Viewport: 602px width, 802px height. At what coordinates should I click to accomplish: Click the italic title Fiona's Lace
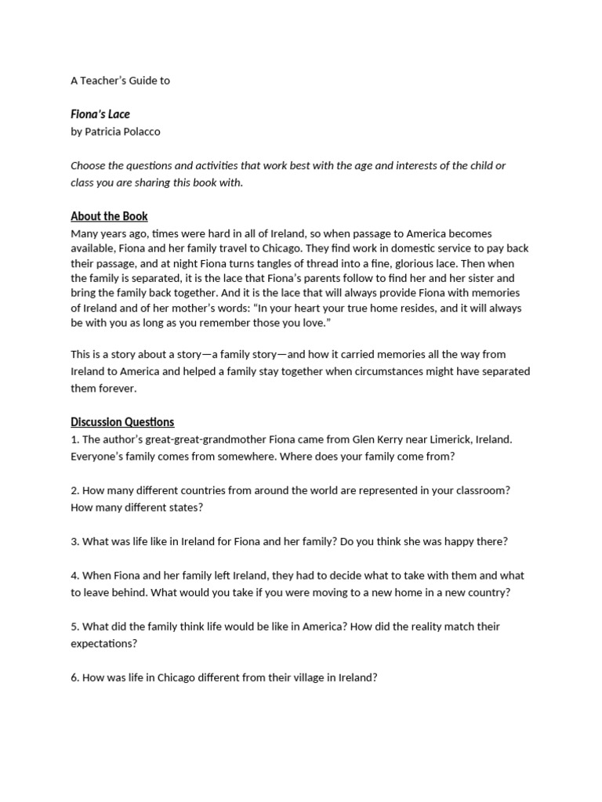click(100, 114)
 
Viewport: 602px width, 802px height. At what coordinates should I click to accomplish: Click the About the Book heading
click(109, 216)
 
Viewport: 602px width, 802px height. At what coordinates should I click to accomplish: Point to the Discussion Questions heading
click(122, 422)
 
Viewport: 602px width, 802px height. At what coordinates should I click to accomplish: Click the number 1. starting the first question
click(74, 439)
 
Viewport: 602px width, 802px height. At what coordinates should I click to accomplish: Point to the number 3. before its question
click(74, 541)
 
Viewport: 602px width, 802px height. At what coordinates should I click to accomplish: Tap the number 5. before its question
click(74, 627)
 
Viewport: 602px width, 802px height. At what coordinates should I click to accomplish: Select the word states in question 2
click(184, 507)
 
